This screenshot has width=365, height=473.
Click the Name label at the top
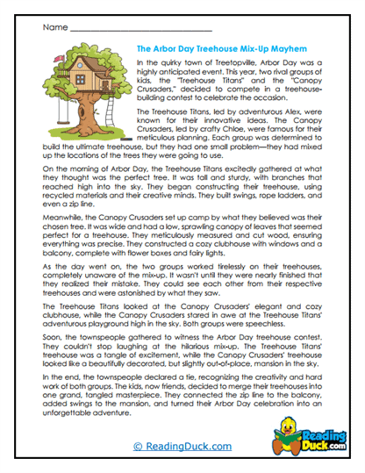point(51,29)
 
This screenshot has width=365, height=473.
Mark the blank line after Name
point(123,31)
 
